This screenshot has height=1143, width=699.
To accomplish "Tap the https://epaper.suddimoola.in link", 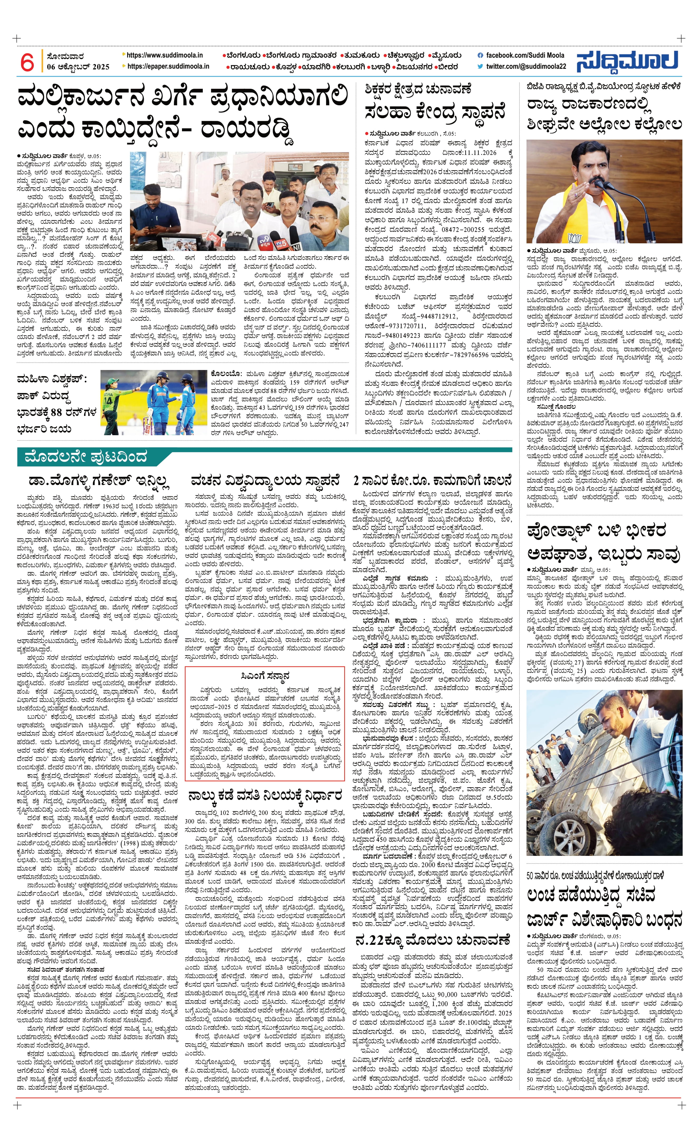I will (168, 66).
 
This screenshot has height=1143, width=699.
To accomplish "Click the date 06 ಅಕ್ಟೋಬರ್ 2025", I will (78, 67).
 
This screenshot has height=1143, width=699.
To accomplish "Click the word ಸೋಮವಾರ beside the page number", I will (65, 56).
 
